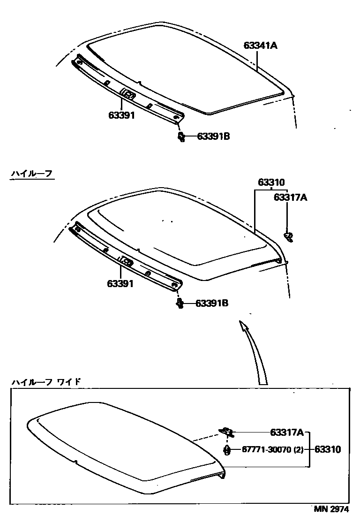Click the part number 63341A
(x=261, y=46)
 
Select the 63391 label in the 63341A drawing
(x=121, y=115)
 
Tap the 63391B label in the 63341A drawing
(x=213, y=137)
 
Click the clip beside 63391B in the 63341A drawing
(x=181, y=137)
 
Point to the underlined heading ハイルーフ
(x=32, y=174)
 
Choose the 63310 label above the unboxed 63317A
(x=271, y=182)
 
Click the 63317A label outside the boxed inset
(x=290, y=197)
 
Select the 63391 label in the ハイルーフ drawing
(x=120, y=283)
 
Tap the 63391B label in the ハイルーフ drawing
(x=211, y=303)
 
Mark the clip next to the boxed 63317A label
(x=226, y=431)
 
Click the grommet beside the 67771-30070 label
(x=227, y=450)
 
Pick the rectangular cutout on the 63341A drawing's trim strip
(x=127, y=94)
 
